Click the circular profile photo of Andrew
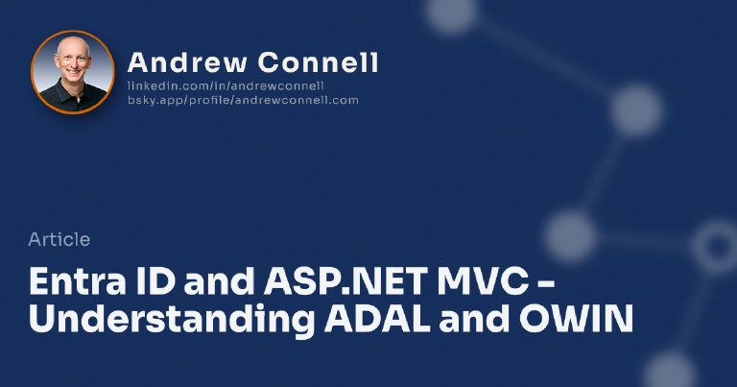pos(73,72)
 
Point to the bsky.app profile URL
pos(243,100)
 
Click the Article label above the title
pos(59,239)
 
